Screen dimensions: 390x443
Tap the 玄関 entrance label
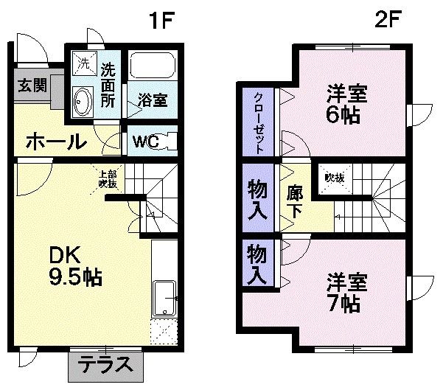(30, 86)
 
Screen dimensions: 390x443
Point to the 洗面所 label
(108, 86)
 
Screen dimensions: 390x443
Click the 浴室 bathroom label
(152, 100)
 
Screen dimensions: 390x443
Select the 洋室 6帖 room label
(346, 105)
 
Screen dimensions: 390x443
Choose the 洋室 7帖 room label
(345, 292)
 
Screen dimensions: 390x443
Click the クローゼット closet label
(259, 123)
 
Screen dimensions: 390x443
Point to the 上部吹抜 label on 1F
(108, 178)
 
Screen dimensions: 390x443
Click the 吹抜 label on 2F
(332, 178)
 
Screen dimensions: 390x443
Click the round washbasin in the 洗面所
(82, 100)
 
